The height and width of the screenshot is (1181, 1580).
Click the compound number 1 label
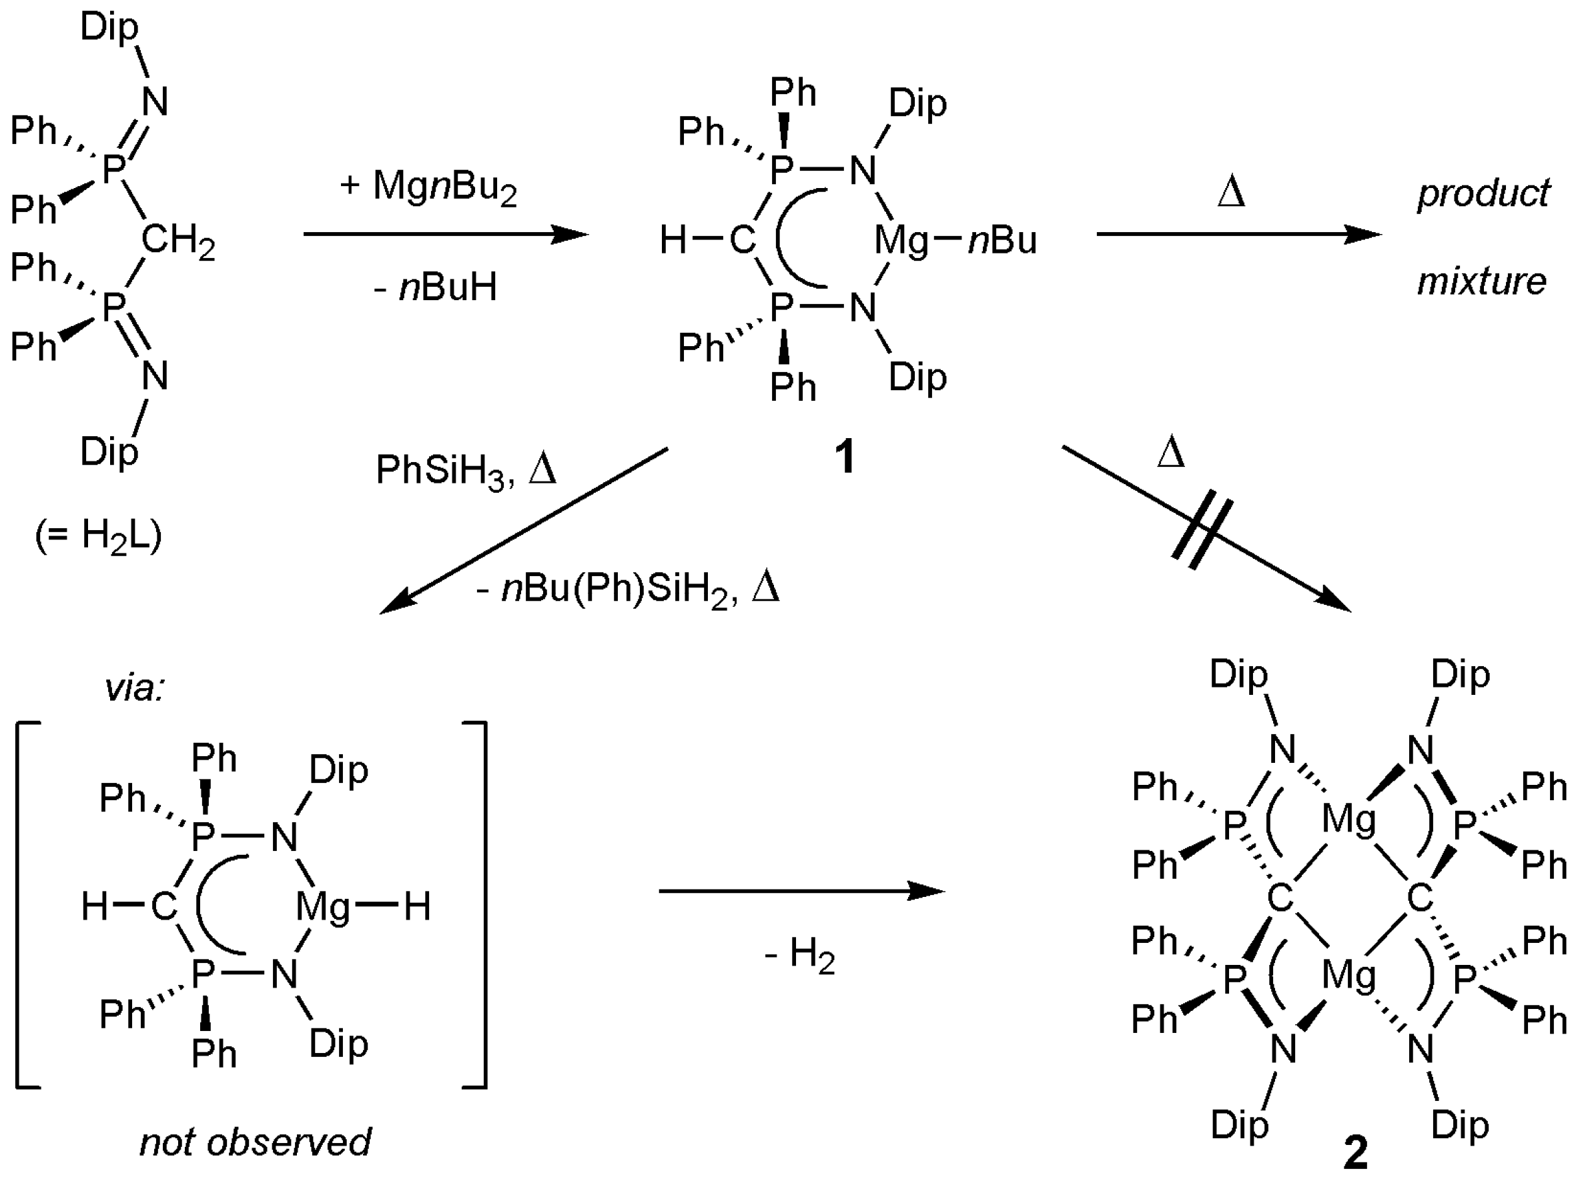coord(845,457)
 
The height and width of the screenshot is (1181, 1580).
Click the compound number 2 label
coord(1356,1152)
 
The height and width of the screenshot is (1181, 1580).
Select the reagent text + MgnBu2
coord(428,187)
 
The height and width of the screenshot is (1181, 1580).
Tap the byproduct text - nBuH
coord(435,287)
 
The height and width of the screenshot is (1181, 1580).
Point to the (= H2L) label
coord(99,535)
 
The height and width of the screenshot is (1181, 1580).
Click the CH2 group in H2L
coord(177,240)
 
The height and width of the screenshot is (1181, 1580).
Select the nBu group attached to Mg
coord(1002,241)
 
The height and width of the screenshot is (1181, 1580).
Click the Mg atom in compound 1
coord(901,241)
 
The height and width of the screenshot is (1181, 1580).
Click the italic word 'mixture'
coord(1481,281)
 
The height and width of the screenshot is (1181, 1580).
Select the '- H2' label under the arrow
coord(799,955)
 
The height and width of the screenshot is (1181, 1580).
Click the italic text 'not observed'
coord(255,1142)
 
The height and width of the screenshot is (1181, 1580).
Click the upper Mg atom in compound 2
coord(1348,820)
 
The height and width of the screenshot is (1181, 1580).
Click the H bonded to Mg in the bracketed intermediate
coord(417,907)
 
